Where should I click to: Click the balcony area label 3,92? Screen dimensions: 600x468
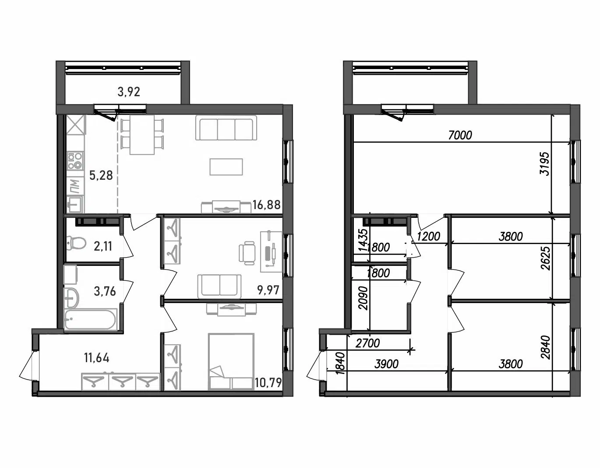click(129, 92)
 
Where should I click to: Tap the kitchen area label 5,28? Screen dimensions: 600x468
click(101, 175)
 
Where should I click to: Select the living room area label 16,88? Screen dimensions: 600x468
click(266, 205)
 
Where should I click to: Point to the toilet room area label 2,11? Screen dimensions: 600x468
click(103, 246)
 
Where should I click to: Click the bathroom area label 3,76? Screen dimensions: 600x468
click(105, 291)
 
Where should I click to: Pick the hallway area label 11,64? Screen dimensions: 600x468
click(97, 358)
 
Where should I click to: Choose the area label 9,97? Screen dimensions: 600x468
click(268, 290)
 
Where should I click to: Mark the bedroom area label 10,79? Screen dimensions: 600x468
click(268, 383)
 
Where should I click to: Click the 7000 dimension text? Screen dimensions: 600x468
click(460, 135)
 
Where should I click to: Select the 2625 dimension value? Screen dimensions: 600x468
click(545, 258)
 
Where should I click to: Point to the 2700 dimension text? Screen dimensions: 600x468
click(368, 343)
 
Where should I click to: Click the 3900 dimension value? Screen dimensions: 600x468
click(387, 364)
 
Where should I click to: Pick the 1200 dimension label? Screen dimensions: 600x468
click(428, 236)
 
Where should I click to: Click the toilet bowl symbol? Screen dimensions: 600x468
click(75, 243)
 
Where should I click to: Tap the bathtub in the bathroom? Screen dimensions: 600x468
click(91, 319)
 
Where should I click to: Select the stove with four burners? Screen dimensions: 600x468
click(75, 161)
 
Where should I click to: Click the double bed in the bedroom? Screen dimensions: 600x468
click(231, 362)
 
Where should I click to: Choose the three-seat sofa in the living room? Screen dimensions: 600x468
click(226, 128)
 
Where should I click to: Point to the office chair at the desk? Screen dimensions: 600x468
click(247, 253)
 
